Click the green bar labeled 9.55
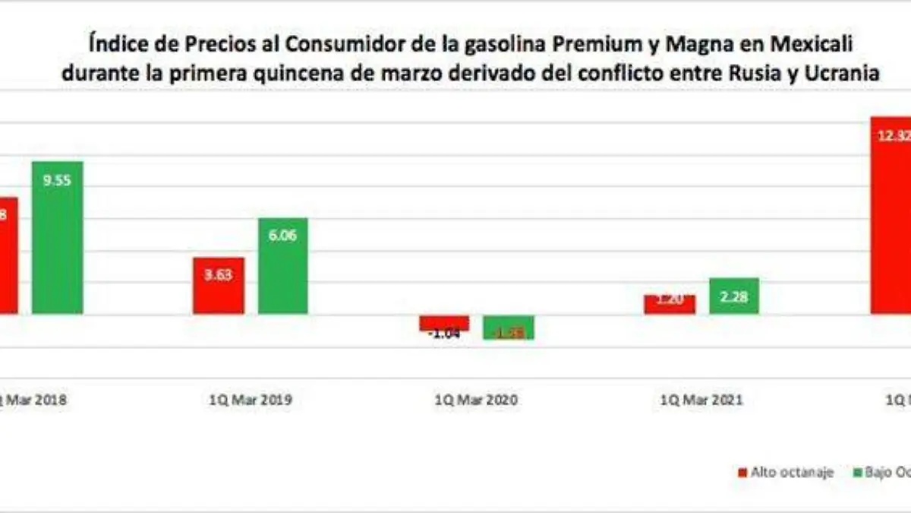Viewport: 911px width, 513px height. (x=57, y=243)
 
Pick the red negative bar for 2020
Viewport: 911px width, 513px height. (x=444, y=322)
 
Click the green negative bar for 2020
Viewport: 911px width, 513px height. (x=509, y=327)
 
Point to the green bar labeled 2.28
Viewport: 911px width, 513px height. (x=734, y=296)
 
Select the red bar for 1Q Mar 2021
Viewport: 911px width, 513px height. (x=669, y=305)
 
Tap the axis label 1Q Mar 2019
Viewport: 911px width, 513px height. (x=251, y=399)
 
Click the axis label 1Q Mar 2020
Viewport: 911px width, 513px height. (x=476, y=399)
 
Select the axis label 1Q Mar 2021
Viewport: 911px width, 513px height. (x=701, y=399)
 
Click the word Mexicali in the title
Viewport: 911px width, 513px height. (x=812, y=45)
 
